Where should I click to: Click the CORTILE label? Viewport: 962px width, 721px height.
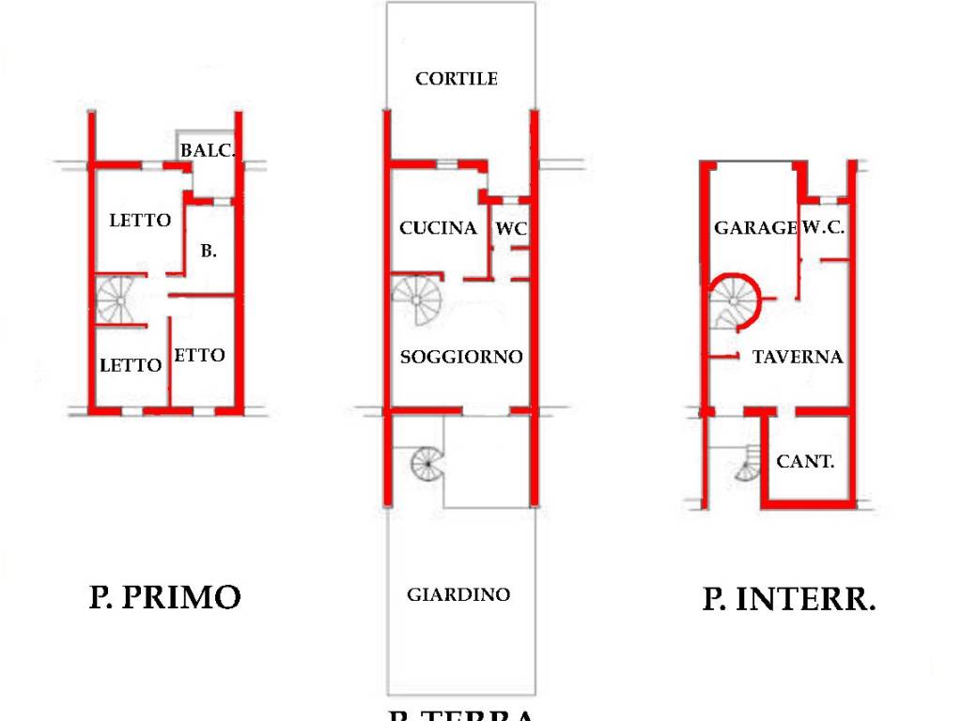(457, 79)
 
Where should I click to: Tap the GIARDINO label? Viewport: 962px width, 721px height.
(458, 594)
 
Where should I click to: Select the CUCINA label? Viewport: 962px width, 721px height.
(438, 228)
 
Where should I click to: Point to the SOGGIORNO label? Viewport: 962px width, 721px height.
(461, 357)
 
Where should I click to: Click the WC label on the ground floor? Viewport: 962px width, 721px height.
(512, 228)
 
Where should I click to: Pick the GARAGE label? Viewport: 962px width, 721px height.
(755, 228)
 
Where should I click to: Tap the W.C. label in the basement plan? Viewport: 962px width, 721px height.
(823, 228)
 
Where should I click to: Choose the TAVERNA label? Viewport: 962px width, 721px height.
(798, 357)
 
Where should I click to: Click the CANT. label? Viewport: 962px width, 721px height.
(805, 461)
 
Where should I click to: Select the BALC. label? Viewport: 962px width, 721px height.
(208, 150)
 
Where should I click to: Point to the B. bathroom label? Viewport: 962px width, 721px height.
(209, 251)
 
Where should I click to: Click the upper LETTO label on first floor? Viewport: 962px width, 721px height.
(141, 221)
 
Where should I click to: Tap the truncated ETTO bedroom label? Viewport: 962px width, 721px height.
(200, 355)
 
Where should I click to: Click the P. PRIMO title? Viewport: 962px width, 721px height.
(165, 597)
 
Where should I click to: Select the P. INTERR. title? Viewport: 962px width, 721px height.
(789, 599)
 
